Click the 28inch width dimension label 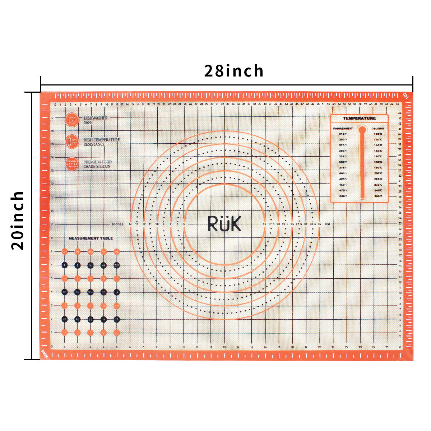(234, 71)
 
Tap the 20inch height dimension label (17, 220)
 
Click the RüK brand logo (224, 223)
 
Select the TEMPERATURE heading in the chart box (359, 118)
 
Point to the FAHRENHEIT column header (343, 128)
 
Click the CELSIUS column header (378, 128)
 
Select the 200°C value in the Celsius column (378, 173)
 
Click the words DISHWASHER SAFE (96, 120)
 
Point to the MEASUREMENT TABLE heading (91, 238)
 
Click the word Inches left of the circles (117, 224)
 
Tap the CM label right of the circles (327, 224)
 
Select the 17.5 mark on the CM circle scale (271, 224)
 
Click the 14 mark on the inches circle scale (130, 224)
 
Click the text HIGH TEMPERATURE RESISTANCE (102, 142)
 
